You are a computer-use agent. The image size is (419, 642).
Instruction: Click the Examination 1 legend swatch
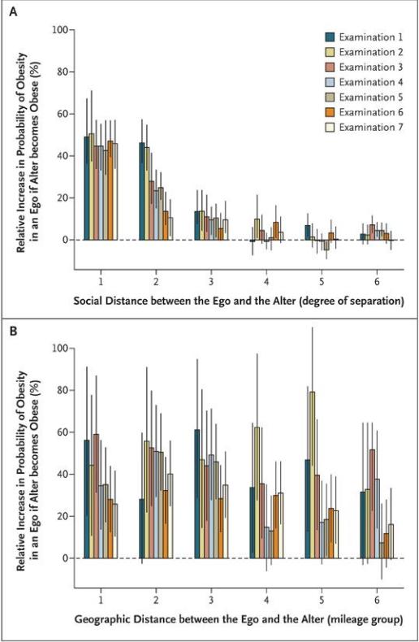330,37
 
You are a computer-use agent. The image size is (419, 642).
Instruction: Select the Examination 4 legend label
371,82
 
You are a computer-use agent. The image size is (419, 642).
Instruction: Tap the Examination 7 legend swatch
330,128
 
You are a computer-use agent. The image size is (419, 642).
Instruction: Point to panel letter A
14,12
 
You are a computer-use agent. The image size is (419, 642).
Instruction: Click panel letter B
14,331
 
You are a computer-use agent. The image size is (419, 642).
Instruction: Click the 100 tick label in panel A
60,30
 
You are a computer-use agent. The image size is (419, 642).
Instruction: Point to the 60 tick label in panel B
63,432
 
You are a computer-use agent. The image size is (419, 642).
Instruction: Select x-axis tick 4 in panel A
266,282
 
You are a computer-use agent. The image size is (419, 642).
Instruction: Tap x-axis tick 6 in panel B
377,601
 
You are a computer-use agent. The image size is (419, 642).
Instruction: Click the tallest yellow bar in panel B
313,475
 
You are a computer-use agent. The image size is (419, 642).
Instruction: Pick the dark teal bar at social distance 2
142,191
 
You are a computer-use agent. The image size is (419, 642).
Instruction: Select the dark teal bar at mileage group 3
197,494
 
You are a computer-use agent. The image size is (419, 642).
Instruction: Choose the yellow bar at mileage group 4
257,493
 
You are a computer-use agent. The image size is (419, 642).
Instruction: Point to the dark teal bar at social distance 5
308,232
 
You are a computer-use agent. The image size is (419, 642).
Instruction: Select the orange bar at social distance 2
166,226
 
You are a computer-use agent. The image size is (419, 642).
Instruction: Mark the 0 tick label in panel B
65,558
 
